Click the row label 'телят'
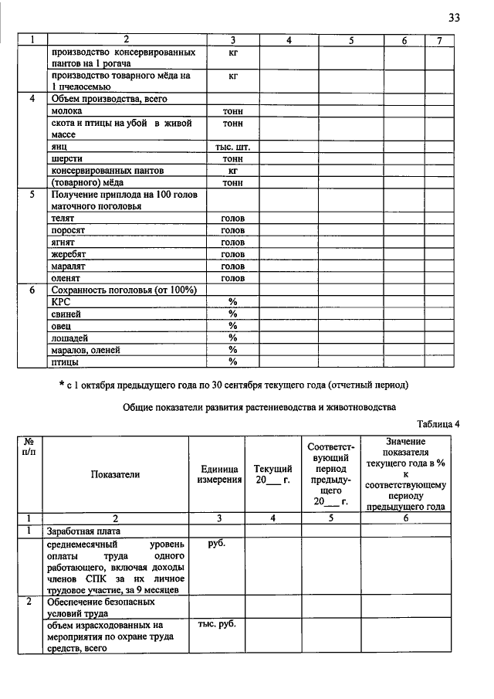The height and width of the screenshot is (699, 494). point(63,219)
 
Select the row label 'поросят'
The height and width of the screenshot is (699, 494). point(67,230)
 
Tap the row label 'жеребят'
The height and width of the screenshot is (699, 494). point(69,253)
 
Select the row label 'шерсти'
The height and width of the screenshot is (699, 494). point(67,158)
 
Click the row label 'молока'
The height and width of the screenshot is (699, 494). point(66,111)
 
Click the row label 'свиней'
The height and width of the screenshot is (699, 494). point(66,314)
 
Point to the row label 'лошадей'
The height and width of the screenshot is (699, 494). point(69,338)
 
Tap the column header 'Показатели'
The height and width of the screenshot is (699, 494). point(115,474)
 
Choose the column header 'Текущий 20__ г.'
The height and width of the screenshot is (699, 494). point(272,474)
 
